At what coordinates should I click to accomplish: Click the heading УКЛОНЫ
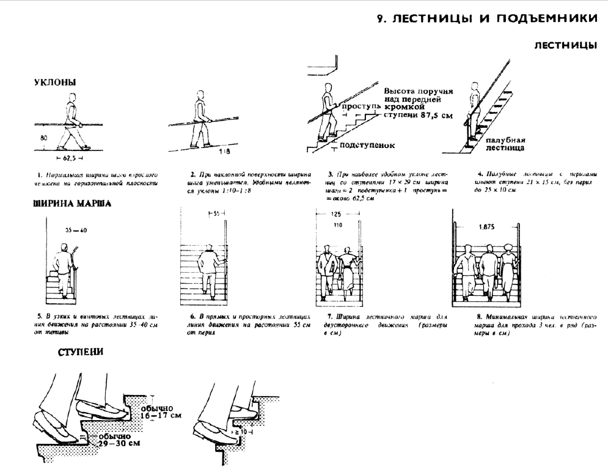pyautogui.click(x=54, y=83)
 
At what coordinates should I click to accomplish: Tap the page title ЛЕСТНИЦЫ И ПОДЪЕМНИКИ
pyautogui.click(x=487, y=19)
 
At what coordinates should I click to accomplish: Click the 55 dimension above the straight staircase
pyautogui.click(x=216, y=213)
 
